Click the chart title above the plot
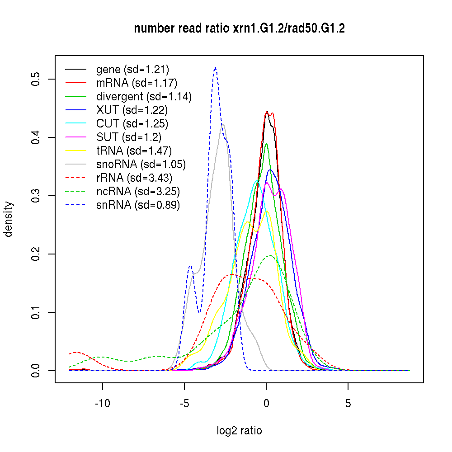[239, 29]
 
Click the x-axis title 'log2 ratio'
[239, 430]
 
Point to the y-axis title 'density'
[9, 219]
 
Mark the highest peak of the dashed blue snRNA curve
[215, 68]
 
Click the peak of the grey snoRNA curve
[222, 124]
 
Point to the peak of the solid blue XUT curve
[270, 169]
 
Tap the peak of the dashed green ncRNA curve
[270, 255]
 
